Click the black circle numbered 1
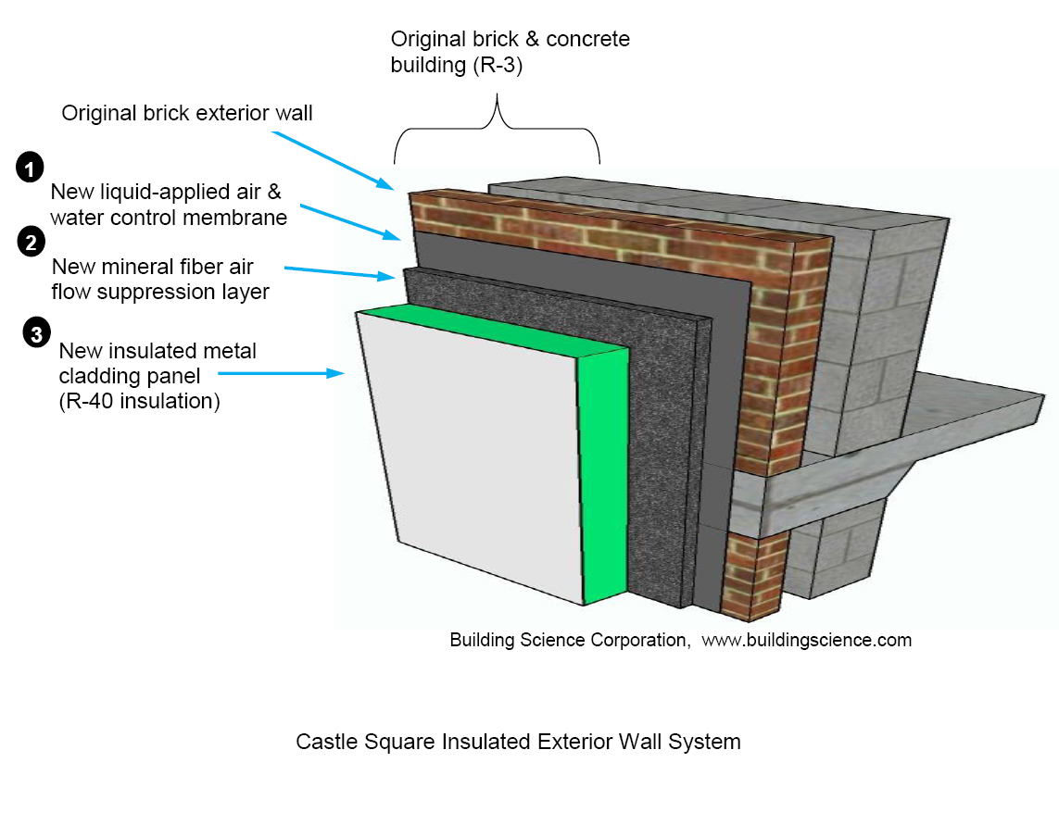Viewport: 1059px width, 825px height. click(30, 169)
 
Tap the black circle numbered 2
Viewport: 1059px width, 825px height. click(30, 244)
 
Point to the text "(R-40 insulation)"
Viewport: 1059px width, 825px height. click(139, 401)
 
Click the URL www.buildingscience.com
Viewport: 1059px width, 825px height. click(806, 640)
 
